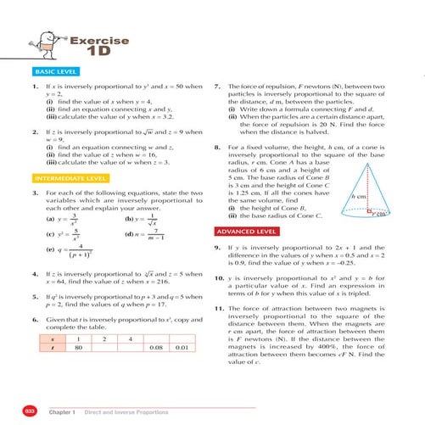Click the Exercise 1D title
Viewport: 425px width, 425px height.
point(100,46)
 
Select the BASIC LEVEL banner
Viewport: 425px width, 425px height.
point(53,73)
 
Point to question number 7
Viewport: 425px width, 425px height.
point(219,87)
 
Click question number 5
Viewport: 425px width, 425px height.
point(33,297)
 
